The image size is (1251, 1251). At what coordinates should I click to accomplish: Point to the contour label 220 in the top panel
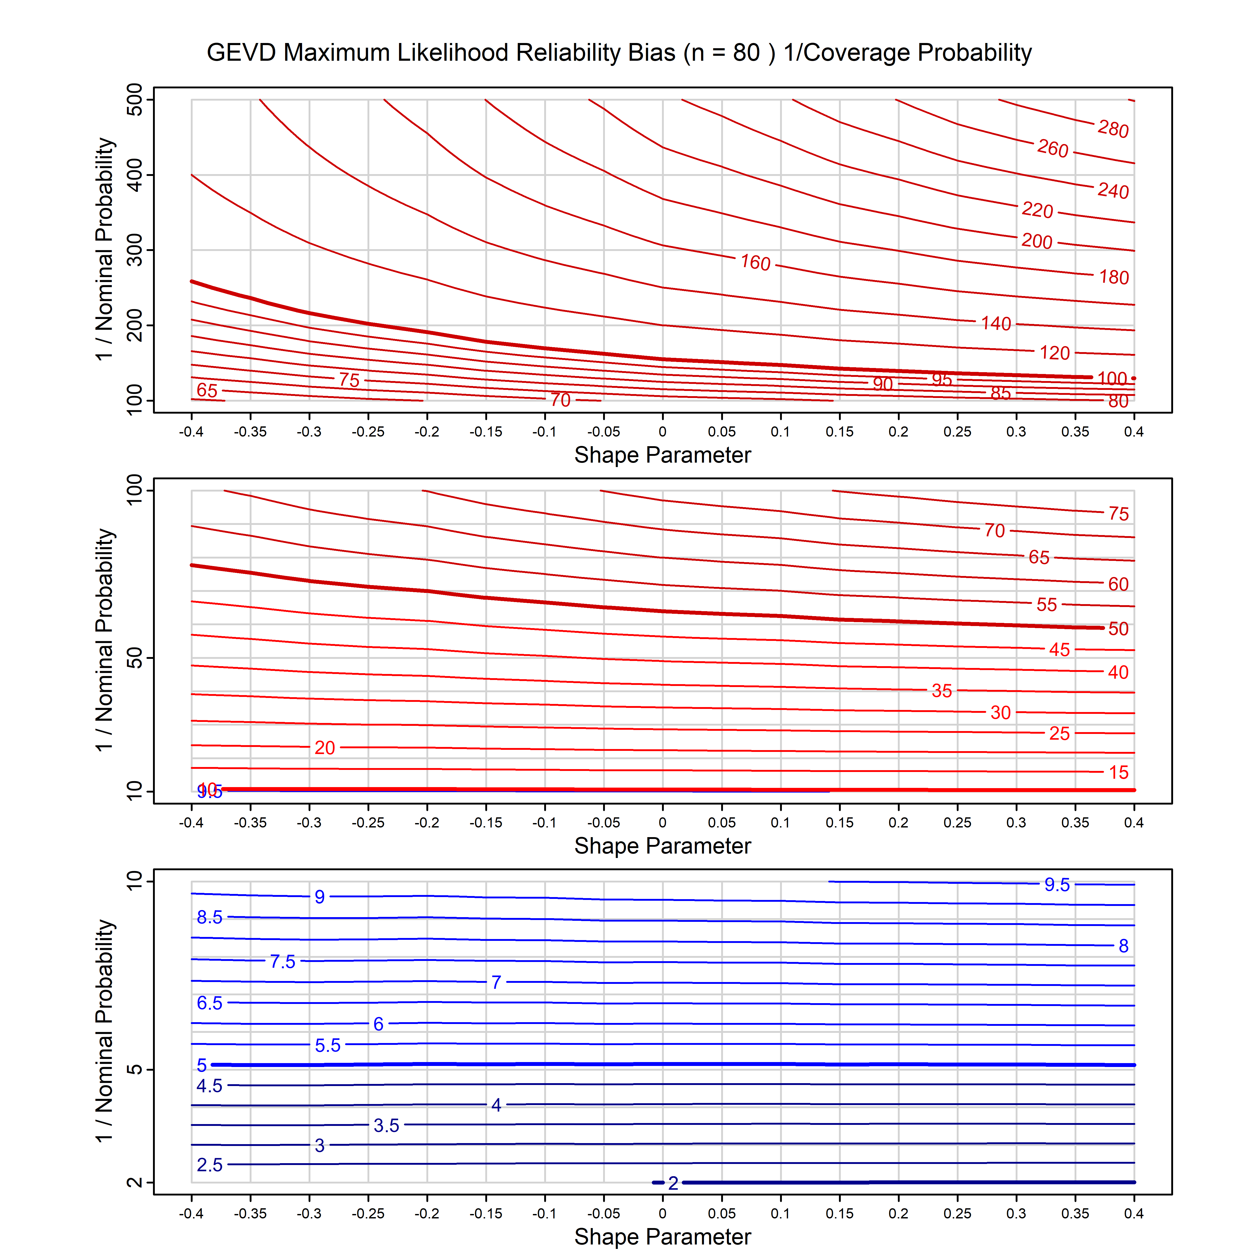coord(1037,210)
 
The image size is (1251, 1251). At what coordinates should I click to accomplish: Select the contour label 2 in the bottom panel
coord(673,1183)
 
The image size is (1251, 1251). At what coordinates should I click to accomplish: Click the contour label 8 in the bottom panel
coord(1124,946)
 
